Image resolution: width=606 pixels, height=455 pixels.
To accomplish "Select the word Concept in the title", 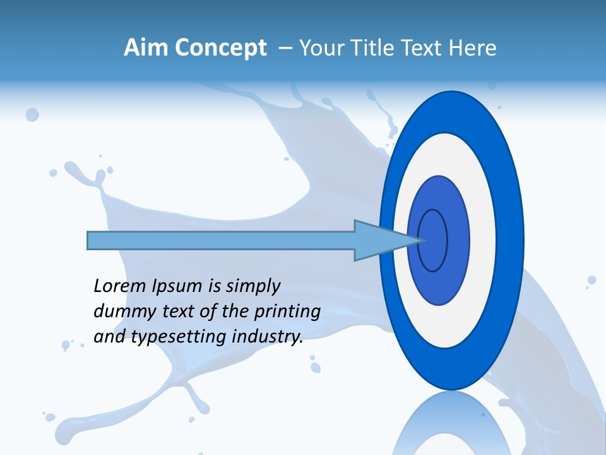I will coord(220,48).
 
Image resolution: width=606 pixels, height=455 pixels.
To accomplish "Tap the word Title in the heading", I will coord(371,48).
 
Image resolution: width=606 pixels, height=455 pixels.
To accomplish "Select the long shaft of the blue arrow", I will coord(221,240).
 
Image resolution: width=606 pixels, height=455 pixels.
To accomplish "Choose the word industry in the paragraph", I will coord(268,337).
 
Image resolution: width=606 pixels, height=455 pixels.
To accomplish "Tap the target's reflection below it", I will coord(451,427).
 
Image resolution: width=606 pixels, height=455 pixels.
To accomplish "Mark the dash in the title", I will coord(285,48).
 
